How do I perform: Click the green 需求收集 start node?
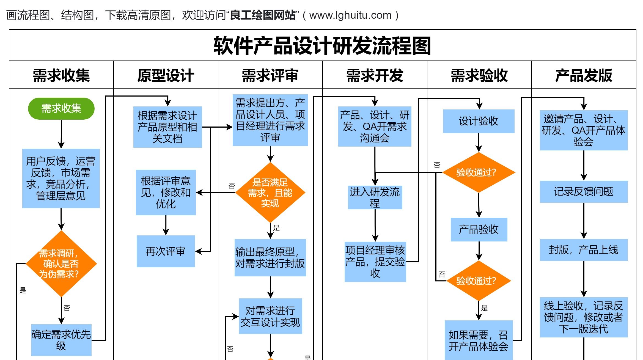pos(61,108)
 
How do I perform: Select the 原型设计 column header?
pos(166,75)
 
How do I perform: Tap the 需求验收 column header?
pos(479,75)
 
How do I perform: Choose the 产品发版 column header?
pos(584,75)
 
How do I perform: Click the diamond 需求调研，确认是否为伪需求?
pos(61,263)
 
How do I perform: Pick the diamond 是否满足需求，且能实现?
pos(270,193)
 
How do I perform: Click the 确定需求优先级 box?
pos(61,340)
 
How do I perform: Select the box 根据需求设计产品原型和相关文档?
pos(167,127)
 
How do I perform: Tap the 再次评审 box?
pos(166,251)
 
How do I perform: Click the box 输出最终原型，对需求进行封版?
pos(270,257)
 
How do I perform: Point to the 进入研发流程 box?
pos(375,197)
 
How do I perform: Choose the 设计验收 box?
pos(479,121)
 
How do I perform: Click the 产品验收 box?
pos(479,229)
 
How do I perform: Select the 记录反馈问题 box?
pos(584,191)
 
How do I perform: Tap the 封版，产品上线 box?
pos(584,250)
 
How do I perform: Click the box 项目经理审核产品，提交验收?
pos(375,262)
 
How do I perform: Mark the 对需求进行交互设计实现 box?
pos(270,316)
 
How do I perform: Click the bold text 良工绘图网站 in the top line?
pos(263,15)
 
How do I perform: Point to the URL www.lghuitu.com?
pos(350,15)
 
